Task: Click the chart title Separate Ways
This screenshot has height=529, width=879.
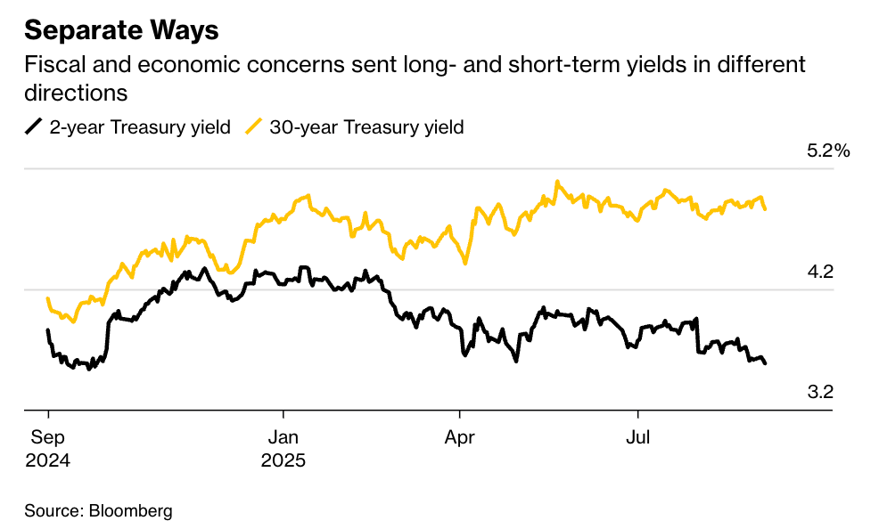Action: [x=121, y=30]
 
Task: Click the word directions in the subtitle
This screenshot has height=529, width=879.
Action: [x=77, y=93]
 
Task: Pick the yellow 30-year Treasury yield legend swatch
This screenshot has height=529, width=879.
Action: [x=254, y=126]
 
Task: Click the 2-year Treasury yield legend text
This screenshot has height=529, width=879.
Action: [x=140, y=127]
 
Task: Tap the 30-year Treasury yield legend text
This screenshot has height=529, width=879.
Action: [x=366, y=127]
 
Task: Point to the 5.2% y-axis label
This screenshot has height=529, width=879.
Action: [x=828, y=151]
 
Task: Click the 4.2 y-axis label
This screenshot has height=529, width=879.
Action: [x=819, y=272]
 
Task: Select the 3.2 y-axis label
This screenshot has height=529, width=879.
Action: [x=819, y=392]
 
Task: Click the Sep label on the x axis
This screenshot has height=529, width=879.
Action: [x=47, y=438]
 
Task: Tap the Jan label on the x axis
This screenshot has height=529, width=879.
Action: [x=283, y=438]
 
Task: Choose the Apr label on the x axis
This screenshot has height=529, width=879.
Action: [x=459, y=438]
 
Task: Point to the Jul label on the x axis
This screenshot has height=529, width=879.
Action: [x=637, y=438]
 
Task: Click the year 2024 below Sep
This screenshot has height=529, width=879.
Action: [x=47, y=461]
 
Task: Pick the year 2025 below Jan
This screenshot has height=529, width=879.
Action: [x=283, y=461]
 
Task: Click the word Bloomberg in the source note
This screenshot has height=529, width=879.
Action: [x=130, y=511]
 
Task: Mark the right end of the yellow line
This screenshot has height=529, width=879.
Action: [x=766, y=208]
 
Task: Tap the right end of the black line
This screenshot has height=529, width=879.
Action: [x=765, y=362]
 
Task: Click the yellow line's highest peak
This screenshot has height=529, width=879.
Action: [x=556, y=182]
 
